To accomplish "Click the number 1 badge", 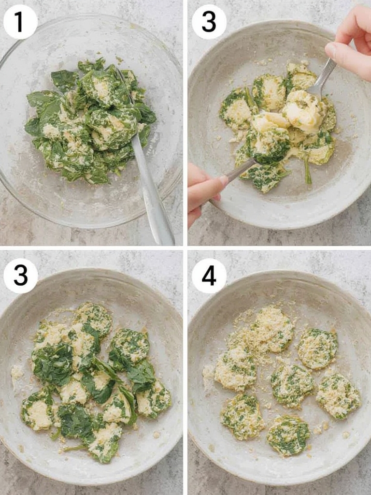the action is (20, 22).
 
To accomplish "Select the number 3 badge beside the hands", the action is (209, 22).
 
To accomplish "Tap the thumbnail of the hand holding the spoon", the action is (223, 181).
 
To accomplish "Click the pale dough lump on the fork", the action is (303, 111).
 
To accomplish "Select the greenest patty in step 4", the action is (288, 436).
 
